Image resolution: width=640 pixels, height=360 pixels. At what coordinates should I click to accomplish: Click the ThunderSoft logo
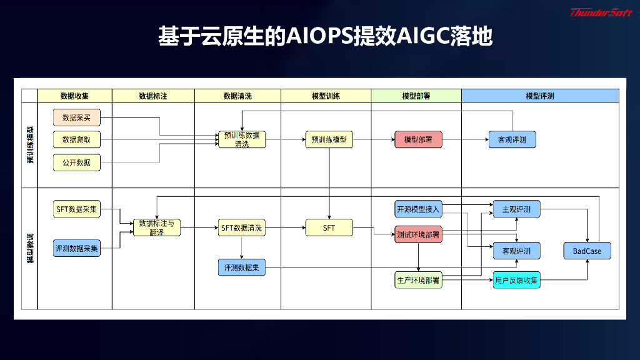click(601, 12)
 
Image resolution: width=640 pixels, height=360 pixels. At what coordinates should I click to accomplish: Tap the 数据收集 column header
click(74, 96)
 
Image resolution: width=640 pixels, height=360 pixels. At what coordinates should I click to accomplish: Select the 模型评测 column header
click(539, 96)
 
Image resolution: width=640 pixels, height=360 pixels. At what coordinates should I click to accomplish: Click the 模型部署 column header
click(416, 96)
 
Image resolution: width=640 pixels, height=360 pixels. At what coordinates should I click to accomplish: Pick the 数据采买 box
click(76, 117)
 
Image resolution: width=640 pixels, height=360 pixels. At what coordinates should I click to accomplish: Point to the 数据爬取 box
click(76, 139)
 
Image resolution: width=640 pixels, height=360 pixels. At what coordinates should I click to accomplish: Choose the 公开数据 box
click(76, 162)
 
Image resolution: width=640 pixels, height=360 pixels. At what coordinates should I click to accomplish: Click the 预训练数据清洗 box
click(241, 139)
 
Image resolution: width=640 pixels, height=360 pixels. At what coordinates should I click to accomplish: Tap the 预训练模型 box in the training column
click(329, 139)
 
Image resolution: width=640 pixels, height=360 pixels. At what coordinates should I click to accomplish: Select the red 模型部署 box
click(418, 139)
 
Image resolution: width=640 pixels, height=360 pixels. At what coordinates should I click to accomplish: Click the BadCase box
click(587, 251)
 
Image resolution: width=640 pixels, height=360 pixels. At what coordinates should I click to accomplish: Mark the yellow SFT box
click(329, 228)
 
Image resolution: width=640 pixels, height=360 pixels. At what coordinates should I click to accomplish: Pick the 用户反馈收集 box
click(516, 281)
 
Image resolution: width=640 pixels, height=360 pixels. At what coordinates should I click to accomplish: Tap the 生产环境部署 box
click(418, 280)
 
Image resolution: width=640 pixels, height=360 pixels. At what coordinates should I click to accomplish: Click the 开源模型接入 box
click(418, 209)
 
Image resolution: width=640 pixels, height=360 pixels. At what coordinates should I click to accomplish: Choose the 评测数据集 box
click(242, 267)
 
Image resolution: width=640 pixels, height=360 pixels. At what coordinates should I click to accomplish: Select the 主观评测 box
click(516, 209)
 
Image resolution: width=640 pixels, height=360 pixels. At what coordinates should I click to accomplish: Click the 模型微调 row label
click(29, 249)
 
